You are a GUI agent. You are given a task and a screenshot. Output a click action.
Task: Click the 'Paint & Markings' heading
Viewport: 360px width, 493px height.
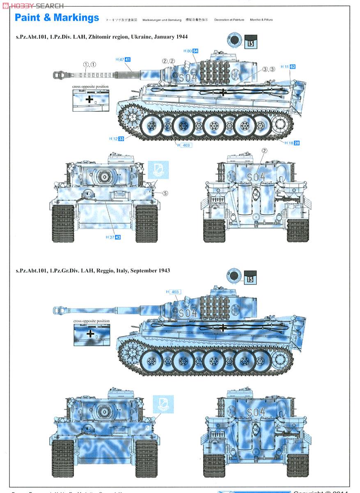coord(57,18)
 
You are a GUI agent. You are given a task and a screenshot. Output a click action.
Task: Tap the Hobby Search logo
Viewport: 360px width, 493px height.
coord(33,5)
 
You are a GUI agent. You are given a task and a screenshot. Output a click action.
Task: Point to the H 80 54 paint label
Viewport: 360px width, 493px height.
coord(190,51)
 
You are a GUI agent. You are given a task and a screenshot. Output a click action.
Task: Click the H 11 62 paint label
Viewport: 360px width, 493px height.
coord(288,67)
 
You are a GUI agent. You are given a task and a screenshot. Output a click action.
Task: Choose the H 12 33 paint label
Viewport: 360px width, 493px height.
coord(117,139)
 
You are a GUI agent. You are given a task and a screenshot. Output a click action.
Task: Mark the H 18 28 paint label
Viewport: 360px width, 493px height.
coord(292,143)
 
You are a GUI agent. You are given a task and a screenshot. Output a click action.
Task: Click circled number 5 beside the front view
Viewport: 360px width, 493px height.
coord(165,193)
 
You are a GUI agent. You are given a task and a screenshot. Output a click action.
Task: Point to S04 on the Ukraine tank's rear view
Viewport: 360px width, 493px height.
coord(256,177)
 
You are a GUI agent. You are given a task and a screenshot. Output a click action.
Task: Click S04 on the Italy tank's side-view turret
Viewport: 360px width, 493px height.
coord(188,313)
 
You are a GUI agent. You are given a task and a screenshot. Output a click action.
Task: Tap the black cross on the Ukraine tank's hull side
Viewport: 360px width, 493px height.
coord(222,92)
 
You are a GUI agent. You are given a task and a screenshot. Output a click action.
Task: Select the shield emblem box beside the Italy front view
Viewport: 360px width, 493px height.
coord(163,404)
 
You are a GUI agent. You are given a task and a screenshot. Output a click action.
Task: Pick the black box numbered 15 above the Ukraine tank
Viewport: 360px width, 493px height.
coord(250,42)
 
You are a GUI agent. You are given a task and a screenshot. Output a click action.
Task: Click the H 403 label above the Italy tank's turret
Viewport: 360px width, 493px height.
coord(174,292)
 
